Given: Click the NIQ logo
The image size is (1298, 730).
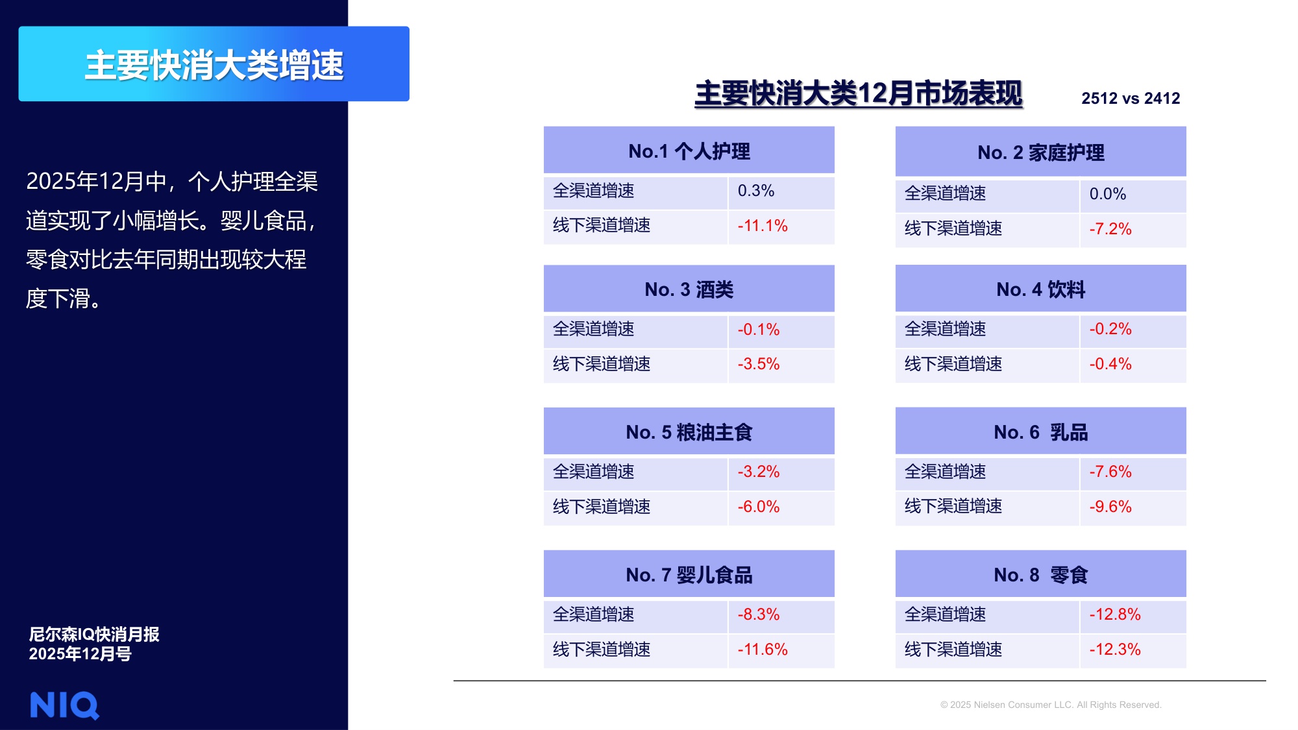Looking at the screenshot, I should pyautogui.click(x=64, y=705).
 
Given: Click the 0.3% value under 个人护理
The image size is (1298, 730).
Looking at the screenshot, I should pyautogui.click(x=756, y=191).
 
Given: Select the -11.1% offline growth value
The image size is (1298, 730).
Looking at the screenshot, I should pyautogui.click(x=762, y=226).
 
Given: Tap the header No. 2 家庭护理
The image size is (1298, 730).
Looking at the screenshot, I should pyautogui.click(x=1040, y=152).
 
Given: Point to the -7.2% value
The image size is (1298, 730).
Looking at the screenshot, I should pyautogui.click(x=1110, y=229).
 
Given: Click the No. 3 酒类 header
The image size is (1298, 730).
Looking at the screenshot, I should pyautogui.click(x=689, y=289).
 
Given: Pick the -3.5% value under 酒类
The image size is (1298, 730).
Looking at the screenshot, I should pyautogui.click(x=758, y=364).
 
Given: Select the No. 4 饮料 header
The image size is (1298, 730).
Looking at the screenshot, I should pyautogui.click(x=1040, y=289).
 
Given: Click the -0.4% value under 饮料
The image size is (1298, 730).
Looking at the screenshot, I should pyautogui.click(x=1110, y=364).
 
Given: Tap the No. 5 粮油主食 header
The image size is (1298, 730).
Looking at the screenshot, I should pyautogui.click(x=689, y=432).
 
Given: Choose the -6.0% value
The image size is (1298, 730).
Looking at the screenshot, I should pyautogui.click(x=758, y=507).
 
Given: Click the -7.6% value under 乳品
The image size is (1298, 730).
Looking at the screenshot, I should pyautogui.click(x=1110, y=472).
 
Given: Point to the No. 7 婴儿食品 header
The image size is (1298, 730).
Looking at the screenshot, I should pyautogui.click(x=689, y=575).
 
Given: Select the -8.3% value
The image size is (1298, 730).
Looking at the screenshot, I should pyautogui.click(x=758, y=614).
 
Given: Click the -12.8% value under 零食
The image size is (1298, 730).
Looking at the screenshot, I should pyautogui.click(x=1114, y=614).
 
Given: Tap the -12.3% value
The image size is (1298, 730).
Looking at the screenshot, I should pyautogui.click(x=1114, y=650).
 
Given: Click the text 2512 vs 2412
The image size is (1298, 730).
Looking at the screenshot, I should pyautogui.click(x=1130, y=99).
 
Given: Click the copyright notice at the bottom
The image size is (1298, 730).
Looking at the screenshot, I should pyautogui.click(x=1050, y=705).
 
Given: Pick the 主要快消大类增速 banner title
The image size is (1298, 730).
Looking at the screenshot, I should pyautogui.click(x=214, y=65).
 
